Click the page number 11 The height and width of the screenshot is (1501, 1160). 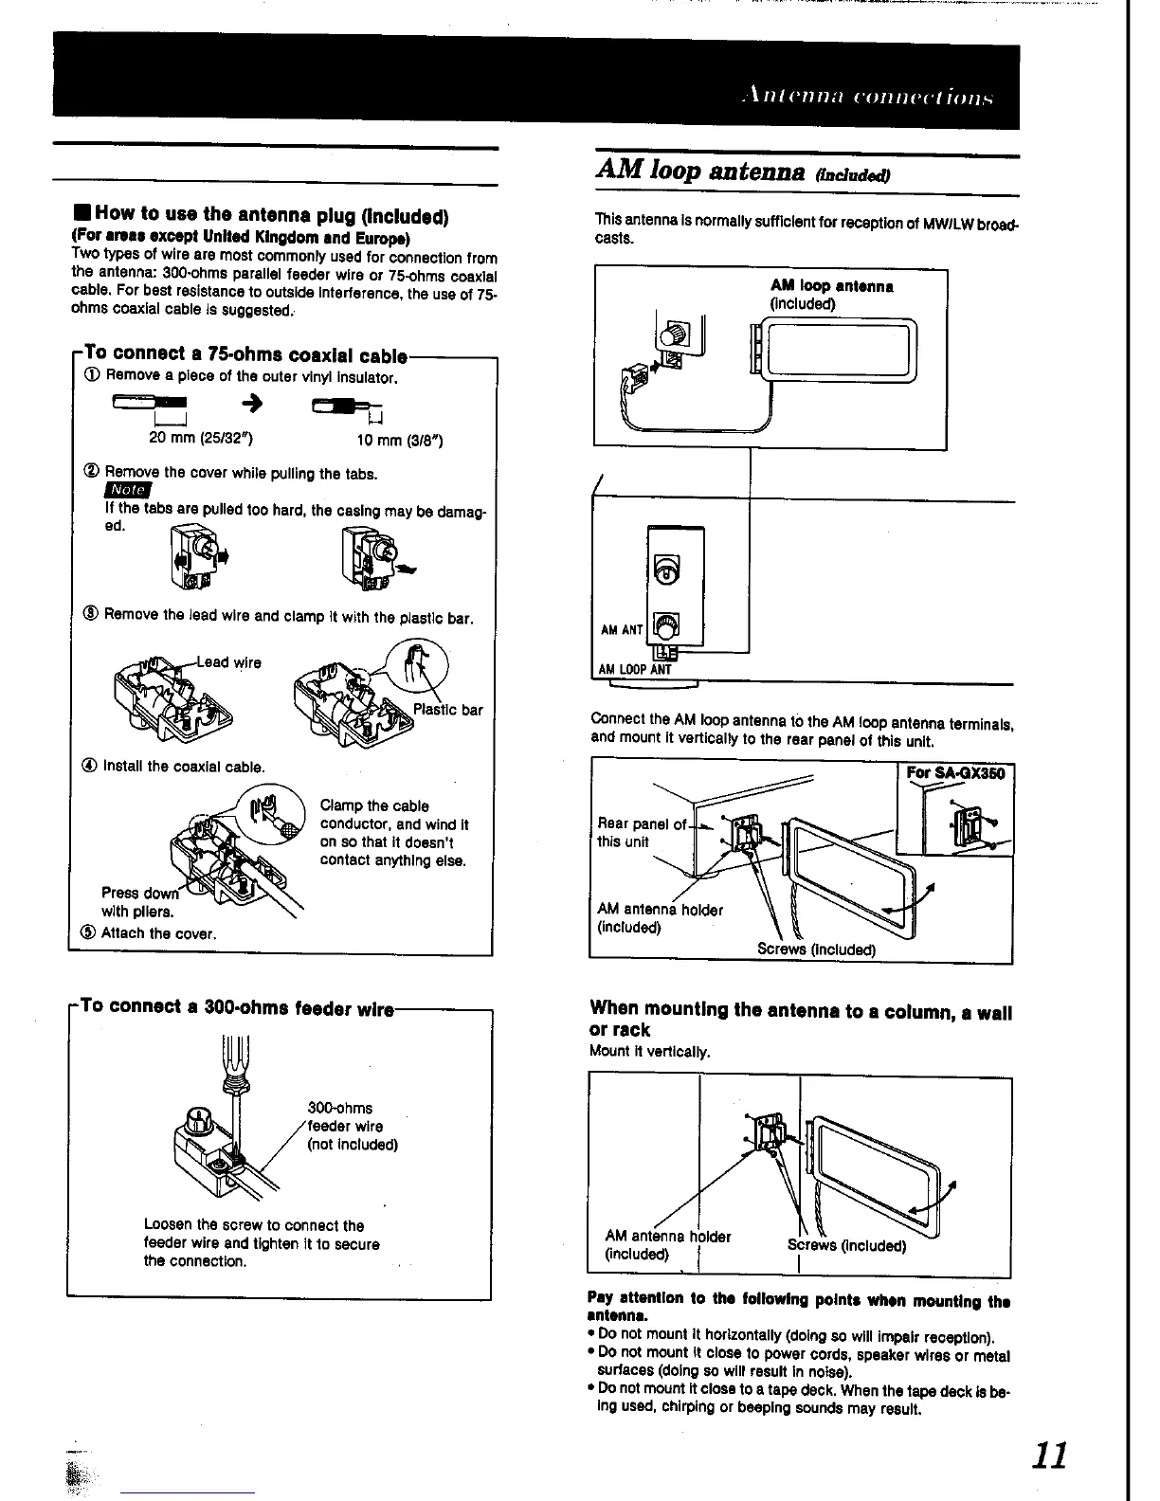(x=1048, y=1455)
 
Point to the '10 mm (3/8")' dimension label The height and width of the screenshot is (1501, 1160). (x=399, y=441)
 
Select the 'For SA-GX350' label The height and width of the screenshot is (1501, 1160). (x=954, y=772)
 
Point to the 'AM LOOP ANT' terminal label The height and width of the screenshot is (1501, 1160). (x=635, y=669)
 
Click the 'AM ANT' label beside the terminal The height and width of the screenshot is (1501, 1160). (x=622, y=630)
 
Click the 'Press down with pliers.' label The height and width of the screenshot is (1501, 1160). (x=137, y=902)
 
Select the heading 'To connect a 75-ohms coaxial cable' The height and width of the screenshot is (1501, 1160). (x=245, y=355)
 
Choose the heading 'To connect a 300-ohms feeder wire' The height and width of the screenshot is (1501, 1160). (x=236, y=1006)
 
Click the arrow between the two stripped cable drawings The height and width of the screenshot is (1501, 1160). (x=253, y=406)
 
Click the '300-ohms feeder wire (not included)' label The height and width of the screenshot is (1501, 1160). (x=352, y=1126)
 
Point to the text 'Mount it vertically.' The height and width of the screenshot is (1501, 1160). (x=648, y=1051)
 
